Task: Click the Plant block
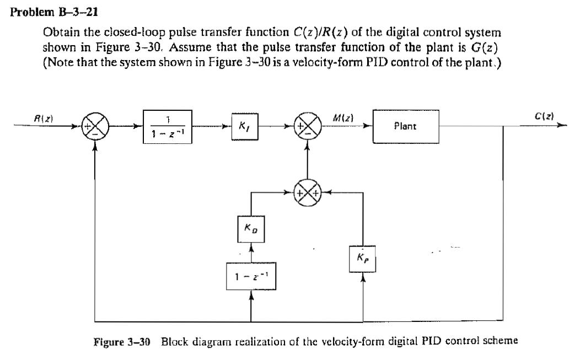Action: coord(406,127)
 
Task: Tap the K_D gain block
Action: coord(251,228)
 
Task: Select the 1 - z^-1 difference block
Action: coord(251,277)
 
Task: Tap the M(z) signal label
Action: coord(343,117)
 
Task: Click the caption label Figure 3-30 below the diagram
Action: coord(124,340)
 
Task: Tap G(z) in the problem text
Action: coord(486,47)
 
